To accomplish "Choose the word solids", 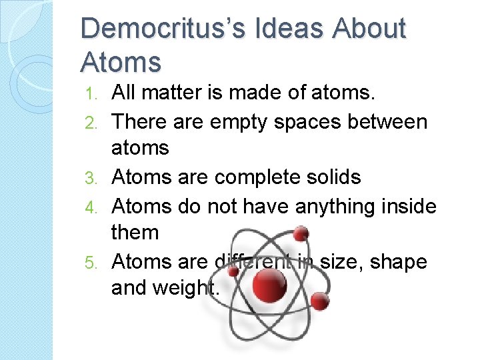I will click(x=333, y=177).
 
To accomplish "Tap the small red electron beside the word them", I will click(x=301, y=233).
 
